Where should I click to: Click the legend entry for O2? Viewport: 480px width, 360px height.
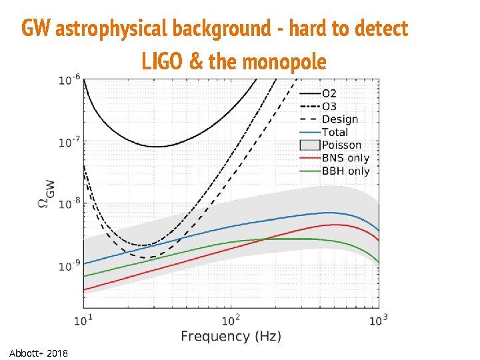click(329, 93)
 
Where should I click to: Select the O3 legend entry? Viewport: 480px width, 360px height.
click(329, 107)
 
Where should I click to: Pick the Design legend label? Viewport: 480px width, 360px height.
click(339, 119)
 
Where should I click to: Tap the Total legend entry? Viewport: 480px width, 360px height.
click(335, 132)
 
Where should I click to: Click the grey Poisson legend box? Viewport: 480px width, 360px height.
click(309, 145)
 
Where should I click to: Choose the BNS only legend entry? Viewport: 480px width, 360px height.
click(345, 158)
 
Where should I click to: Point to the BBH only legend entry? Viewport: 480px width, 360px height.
click(345, 171)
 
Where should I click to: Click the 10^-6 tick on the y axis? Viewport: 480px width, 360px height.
click(69, 79)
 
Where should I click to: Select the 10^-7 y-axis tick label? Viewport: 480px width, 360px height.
click(69, 141)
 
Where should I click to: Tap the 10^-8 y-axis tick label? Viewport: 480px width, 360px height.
click(69, 203)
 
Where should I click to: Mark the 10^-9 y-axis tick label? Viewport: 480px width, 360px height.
click(69, 266)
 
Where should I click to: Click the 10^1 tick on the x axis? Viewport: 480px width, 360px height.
click(83, 319)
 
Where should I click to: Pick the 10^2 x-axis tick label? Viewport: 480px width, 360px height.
click(231, 319)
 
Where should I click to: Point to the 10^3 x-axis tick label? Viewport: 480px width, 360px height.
click(378, 319)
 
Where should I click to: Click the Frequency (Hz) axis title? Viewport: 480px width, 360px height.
click(231, 336)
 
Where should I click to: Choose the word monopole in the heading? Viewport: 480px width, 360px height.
click(285, 62)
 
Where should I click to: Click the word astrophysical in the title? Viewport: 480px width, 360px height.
click(113, 29)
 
